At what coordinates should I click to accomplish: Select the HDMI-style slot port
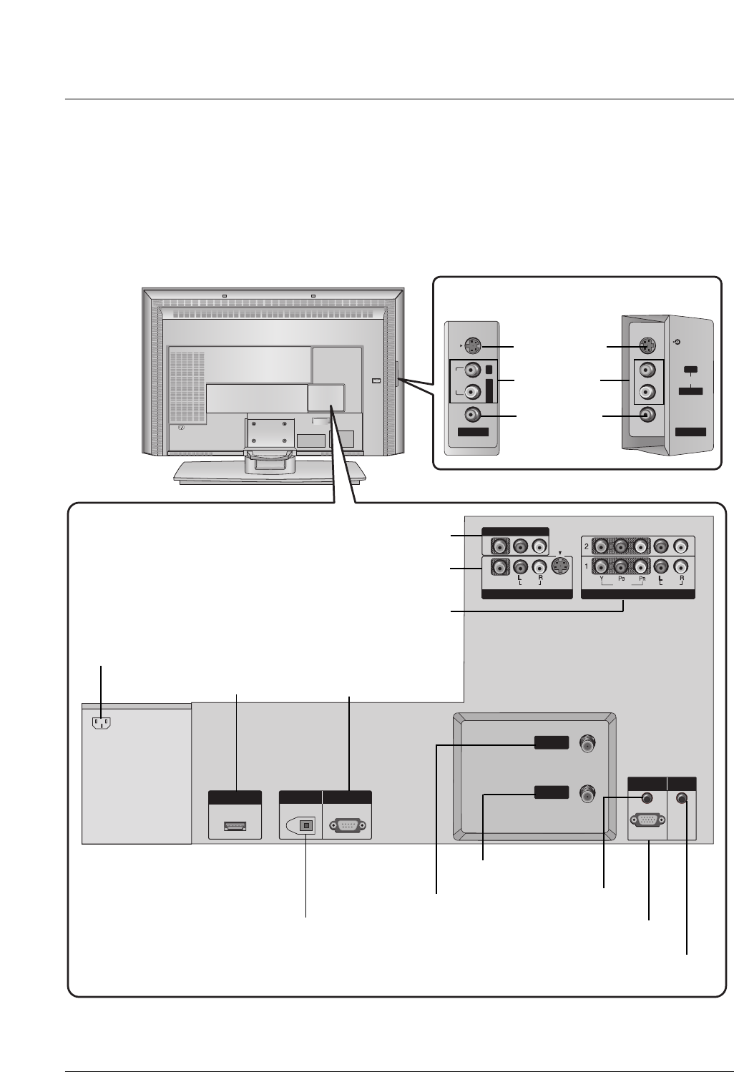point(235,827)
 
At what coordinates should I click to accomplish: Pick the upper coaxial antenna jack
point(587,744)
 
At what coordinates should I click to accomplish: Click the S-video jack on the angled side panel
point(646,347)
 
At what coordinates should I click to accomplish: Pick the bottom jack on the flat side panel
point(472,414)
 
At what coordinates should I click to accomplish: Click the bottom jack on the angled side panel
point(646,414)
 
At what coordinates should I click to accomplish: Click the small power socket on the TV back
point(180,429)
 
